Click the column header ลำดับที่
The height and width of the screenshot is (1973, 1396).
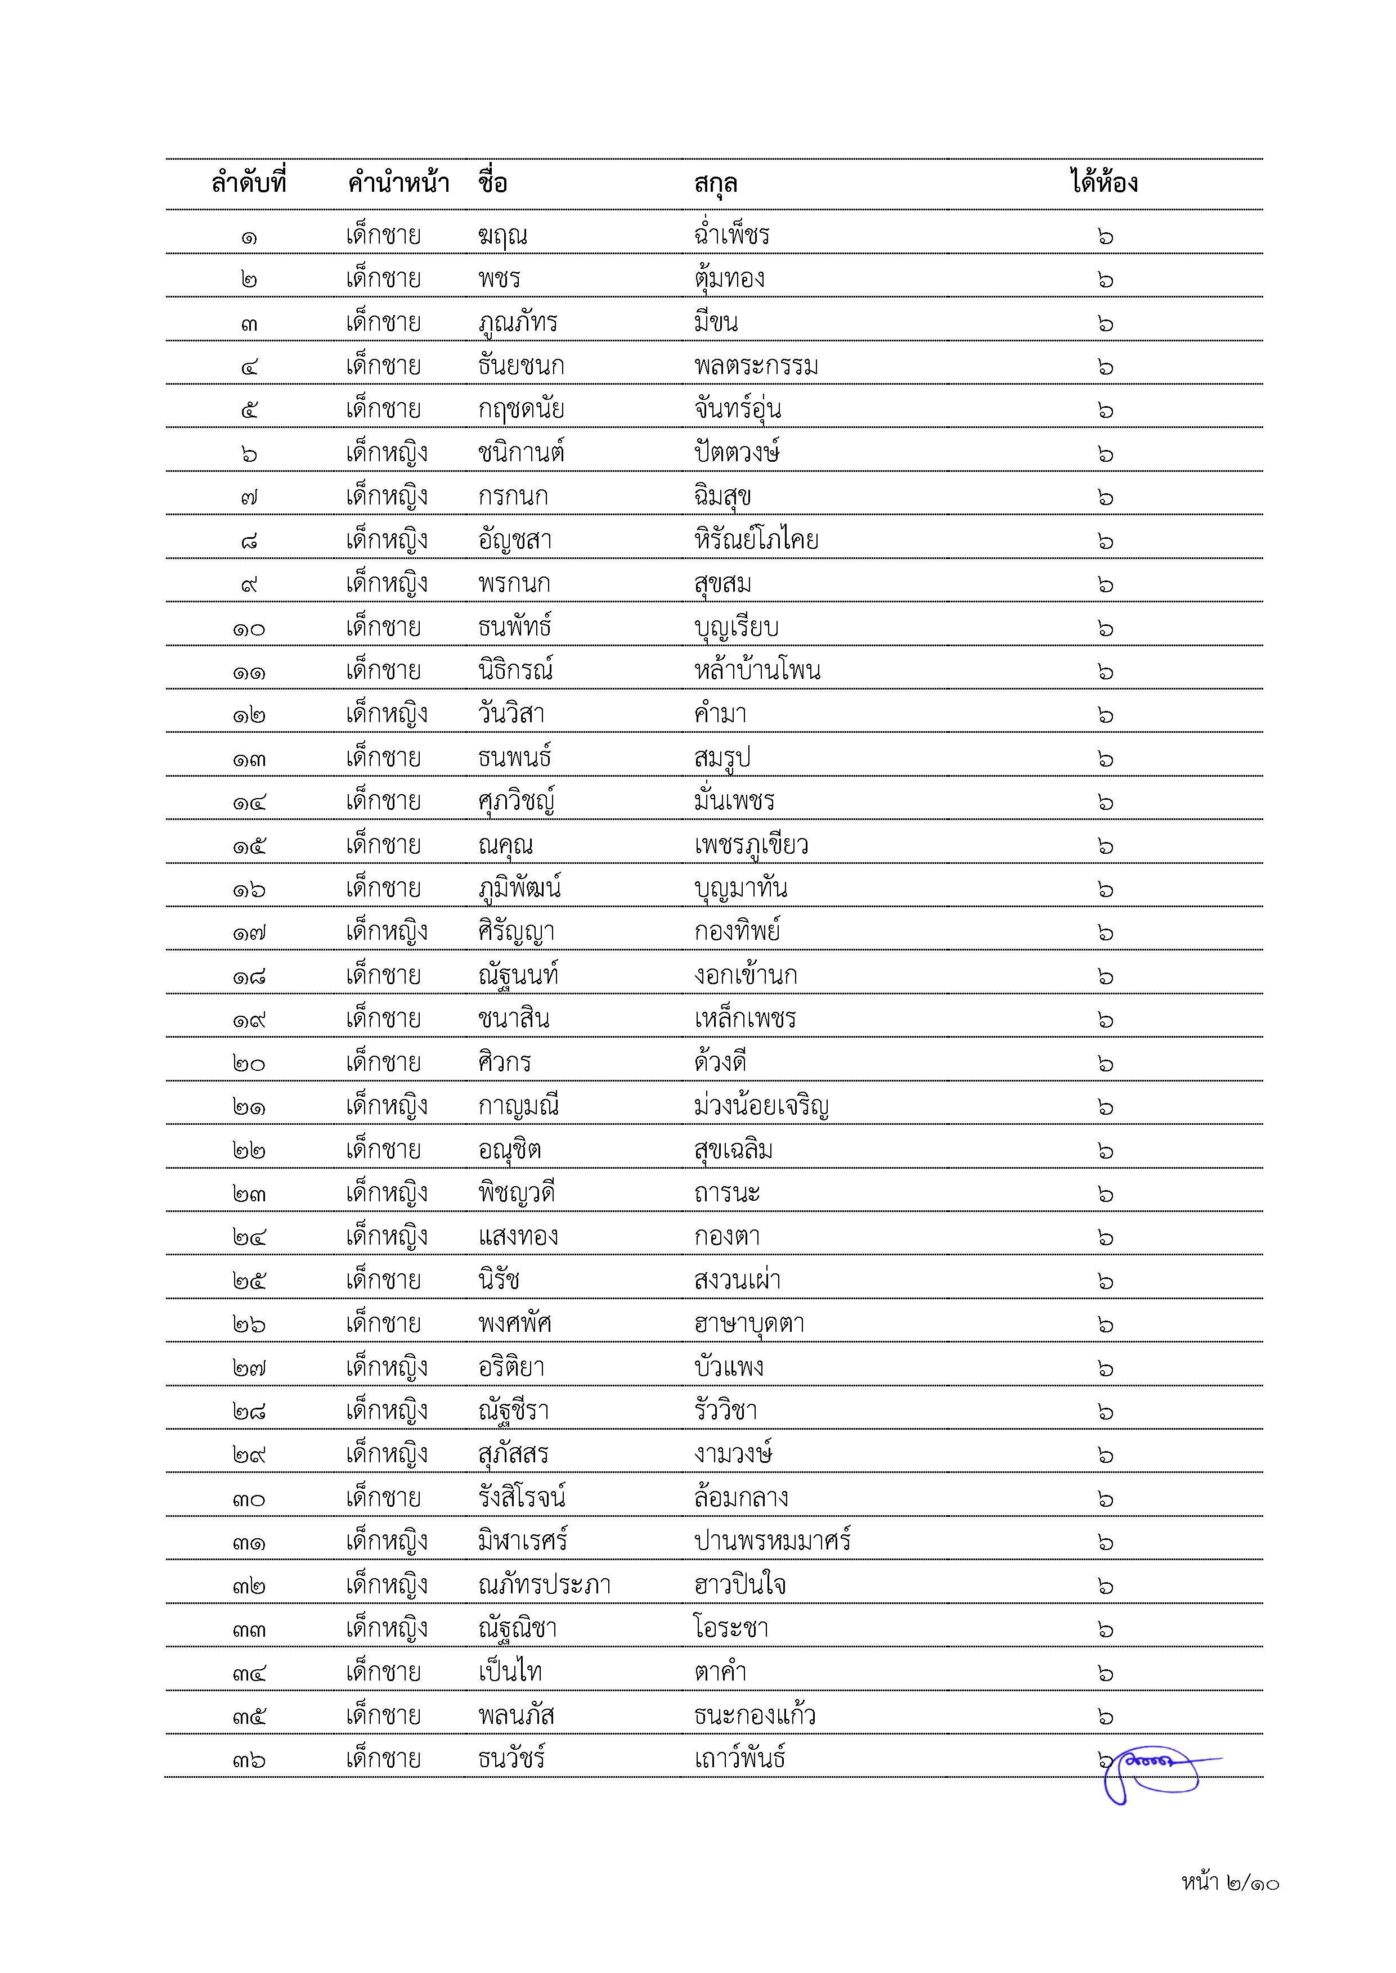(249, 183)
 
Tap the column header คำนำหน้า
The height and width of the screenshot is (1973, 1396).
(398, 183)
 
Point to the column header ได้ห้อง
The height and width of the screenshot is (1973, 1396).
(1105, 183)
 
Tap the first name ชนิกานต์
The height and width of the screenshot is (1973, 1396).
(521, 452)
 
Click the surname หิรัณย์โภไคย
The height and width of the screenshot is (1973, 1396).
(756, 540)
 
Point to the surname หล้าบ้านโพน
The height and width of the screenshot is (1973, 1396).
(757, 670)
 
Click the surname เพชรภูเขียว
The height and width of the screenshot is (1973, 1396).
(751, 845)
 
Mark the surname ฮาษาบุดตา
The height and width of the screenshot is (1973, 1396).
(749, 1324)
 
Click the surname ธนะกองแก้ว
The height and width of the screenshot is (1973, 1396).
(755, 1716)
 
